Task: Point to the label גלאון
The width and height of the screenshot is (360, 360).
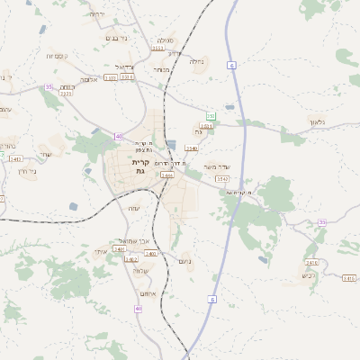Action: click(316, 121)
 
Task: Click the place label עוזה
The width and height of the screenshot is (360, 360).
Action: click(135, 208)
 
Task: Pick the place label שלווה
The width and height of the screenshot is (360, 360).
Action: click(139, 270)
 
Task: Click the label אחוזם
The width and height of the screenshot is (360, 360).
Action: click(149, 293)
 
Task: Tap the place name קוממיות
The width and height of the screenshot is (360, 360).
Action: click(46, 55)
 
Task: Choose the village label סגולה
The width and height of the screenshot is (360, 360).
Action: click(165, 40)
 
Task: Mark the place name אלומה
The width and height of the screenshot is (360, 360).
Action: click(89, 79)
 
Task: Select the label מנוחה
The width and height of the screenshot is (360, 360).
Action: click(161, 70)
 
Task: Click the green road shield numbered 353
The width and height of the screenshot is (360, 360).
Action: click(211, 116)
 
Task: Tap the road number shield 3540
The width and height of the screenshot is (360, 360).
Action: click(192, 148)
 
